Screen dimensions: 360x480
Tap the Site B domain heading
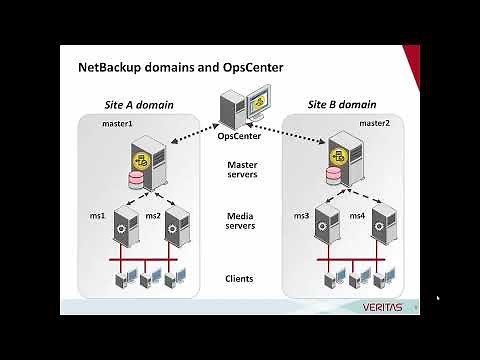[336, 104]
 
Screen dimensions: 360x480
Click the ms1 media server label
[98, 214]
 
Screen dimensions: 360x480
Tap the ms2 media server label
[153, 214]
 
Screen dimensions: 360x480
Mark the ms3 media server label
[301, 214]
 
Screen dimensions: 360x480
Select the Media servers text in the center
[242, 220]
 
